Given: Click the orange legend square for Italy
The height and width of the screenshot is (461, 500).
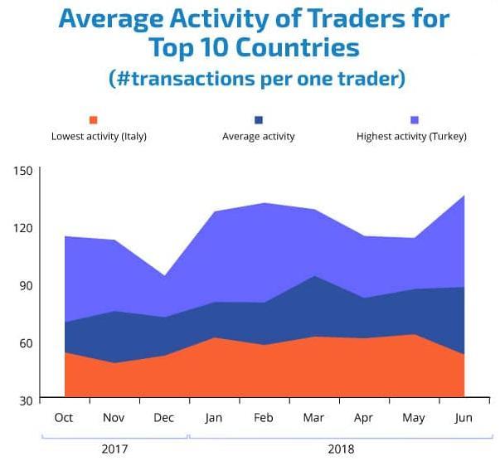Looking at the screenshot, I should tap(94, 120).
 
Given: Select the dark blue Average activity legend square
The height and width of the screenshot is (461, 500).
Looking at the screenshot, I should tap(259, 120).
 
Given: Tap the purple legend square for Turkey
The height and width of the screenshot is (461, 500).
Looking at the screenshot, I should tap(412, 120).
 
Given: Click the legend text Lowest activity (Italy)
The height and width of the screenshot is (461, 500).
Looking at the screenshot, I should tap(99, 136).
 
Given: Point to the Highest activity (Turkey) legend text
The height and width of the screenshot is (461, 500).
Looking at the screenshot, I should tap(411, 136).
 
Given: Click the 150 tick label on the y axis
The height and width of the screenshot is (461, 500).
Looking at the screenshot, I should tap(22, 171).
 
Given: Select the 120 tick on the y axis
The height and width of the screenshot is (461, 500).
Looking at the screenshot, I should tap(22, 228).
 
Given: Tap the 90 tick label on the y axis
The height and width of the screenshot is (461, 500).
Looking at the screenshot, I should tap(25, 285).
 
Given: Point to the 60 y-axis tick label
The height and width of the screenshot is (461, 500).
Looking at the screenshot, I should tap(25, 343).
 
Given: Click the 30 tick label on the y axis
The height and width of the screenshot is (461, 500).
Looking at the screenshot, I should tap(25, 400).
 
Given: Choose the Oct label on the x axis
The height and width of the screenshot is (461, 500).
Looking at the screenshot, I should tap(64, 418).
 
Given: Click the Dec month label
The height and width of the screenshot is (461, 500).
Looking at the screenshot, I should tap(164, 418).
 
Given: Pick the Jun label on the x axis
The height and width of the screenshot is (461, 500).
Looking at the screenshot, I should tap(464, 418).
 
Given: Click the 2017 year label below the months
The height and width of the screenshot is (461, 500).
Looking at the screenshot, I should tap(114, 449).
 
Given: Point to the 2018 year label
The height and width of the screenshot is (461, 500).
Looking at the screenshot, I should tap(340, 449).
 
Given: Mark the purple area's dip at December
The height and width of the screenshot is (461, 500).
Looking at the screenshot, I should tap(164, 276).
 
